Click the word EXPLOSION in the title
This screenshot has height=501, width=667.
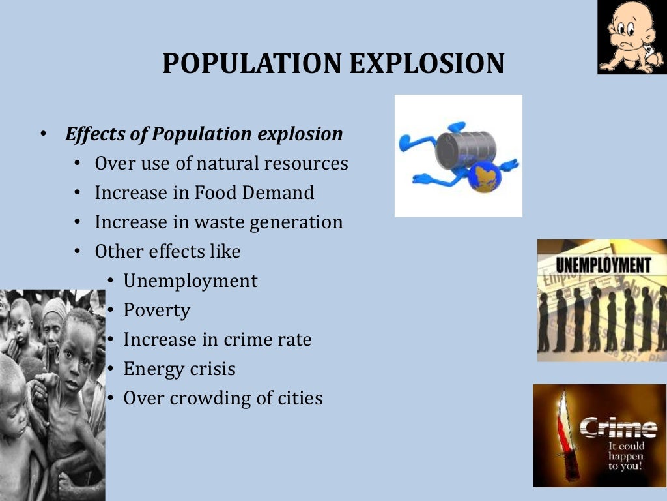click(427, 63)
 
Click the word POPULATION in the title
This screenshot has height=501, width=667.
click(251, 63)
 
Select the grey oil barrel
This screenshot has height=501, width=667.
click(465, 149)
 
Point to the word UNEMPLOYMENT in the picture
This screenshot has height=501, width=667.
click(603, 266)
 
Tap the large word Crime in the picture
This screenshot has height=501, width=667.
click(618, 428)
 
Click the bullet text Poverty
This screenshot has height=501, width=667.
click(157, 311)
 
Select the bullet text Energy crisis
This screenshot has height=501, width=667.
click(180, 369)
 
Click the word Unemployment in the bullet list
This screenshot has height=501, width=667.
click(190, 281)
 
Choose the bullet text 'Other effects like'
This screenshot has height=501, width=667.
click(167, 252)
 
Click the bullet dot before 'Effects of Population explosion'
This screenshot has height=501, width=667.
click(43, 135)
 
